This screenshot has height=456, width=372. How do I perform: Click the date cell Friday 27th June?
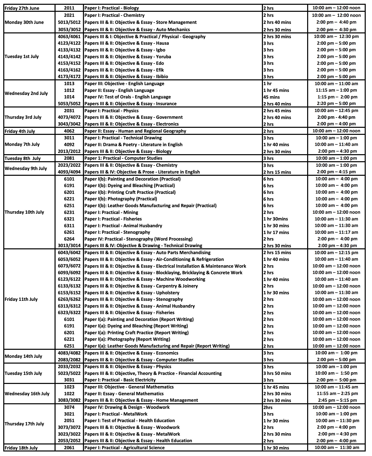coord(22,8)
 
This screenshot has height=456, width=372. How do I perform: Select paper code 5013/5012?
coord(69,22)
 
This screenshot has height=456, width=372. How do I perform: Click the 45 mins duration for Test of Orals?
coord(271,97)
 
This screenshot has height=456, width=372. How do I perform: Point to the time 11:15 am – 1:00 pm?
coord(336,90)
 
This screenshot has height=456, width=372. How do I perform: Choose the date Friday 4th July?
coord(20,131)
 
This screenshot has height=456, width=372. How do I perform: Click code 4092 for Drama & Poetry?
coord(69,144)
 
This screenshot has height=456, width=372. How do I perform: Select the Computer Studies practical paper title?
coord(123,158)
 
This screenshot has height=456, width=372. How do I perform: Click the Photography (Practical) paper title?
coord(121,199)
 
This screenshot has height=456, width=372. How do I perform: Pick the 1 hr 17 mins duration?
coord(276,232)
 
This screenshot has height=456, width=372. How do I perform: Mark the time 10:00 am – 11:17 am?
coord(336,232)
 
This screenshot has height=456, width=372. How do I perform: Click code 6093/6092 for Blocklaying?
coord(69,273)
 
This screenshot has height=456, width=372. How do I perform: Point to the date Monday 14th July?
coord(23,356)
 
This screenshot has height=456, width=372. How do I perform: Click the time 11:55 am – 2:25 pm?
coord(336,393)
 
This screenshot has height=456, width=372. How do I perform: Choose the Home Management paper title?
coord(141,400)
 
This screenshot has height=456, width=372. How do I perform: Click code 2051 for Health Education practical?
coord(69,421)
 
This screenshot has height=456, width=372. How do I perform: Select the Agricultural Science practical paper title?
coord(124,448)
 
